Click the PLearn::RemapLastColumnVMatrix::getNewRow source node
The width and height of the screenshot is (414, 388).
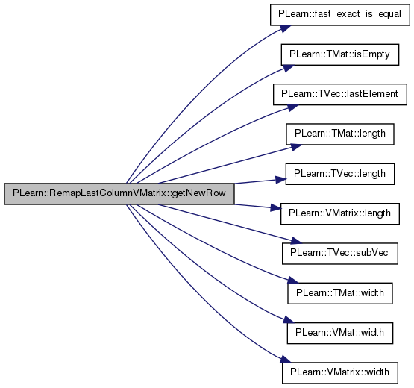point(119,193)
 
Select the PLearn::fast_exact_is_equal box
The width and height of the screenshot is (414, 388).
point(340,15)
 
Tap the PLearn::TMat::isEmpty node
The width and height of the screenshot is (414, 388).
point(340,54)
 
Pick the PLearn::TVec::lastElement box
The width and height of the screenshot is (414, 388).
point(340,94)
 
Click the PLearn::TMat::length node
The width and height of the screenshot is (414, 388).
point(340,134)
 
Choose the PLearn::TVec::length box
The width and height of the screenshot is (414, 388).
point(340,174)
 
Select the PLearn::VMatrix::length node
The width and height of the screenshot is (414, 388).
point(340,214)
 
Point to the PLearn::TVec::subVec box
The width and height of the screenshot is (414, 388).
point(340,254)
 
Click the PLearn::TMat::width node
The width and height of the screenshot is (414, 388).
point(340,293)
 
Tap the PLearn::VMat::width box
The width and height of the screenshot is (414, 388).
point(340,333)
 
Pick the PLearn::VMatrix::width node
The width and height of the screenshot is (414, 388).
point(340,373)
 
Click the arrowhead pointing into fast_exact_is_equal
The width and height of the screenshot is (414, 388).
point(286,28)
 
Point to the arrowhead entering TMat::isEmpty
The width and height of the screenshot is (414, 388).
point(289,68)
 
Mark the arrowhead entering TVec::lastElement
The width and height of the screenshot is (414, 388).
point(292,107)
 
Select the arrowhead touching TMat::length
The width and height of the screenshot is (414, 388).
point(295,147)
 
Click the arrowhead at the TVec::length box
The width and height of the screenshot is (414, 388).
point(280,180)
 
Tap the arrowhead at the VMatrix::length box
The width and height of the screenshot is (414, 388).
point(275,208)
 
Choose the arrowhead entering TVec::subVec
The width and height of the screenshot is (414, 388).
point(295,241)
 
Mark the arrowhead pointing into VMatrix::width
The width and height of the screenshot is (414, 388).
point(286,360)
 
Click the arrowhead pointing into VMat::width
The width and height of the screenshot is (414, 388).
point(289,320)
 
